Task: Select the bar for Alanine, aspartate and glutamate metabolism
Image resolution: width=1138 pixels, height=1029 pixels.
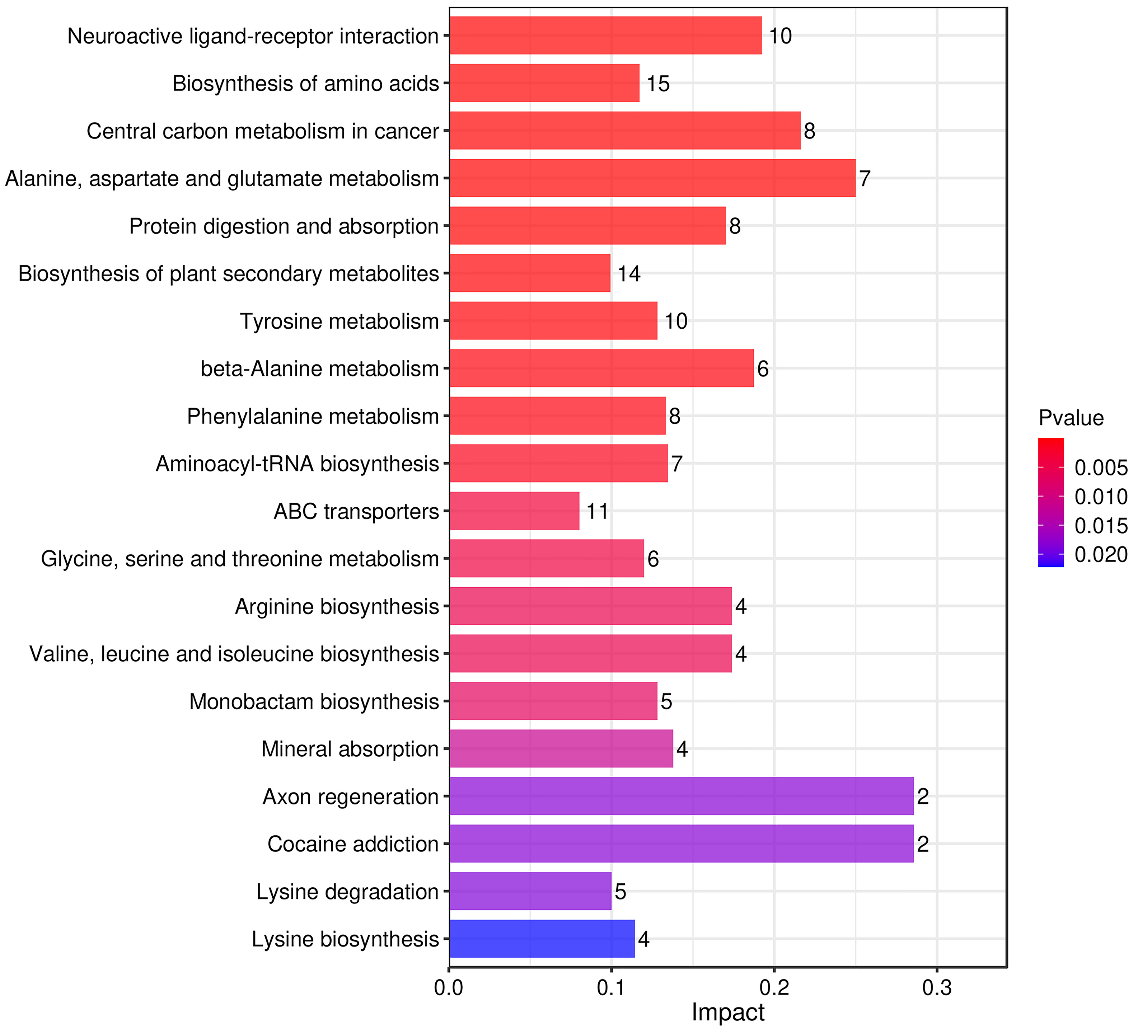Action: click(x=652, y=178)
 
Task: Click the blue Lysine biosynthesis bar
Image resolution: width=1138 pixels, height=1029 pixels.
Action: click(x=542, y=939)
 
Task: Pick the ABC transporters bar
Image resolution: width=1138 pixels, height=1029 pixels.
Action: click(x=514, y=511)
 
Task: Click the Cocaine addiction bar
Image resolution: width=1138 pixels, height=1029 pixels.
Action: click(x=681, y=844)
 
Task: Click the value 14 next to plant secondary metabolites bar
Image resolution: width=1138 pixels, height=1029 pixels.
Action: click(x=629, y=274)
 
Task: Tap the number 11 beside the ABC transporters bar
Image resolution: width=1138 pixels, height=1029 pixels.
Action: click(x=597, y=511)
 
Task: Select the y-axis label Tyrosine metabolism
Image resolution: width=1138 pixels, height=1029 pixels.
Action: click(x=339, y=321)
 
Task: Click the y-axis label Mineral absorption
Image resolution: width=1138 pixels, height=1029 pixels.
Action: click(x=350, y=749)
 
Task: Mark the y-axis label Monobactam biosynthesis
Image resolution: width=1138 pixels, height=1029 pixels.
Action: click(x=314, y=702)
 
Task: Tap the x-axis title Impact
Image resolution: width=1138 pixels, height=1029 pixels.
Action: click(x=727, y=1012)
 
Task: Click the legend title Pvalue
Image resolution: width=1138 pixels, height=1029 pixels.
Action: click(x=1071, y=418)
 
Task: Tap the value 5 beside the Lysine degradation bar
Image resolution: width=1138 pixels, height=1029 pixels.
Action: click(x=620, y=892)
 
